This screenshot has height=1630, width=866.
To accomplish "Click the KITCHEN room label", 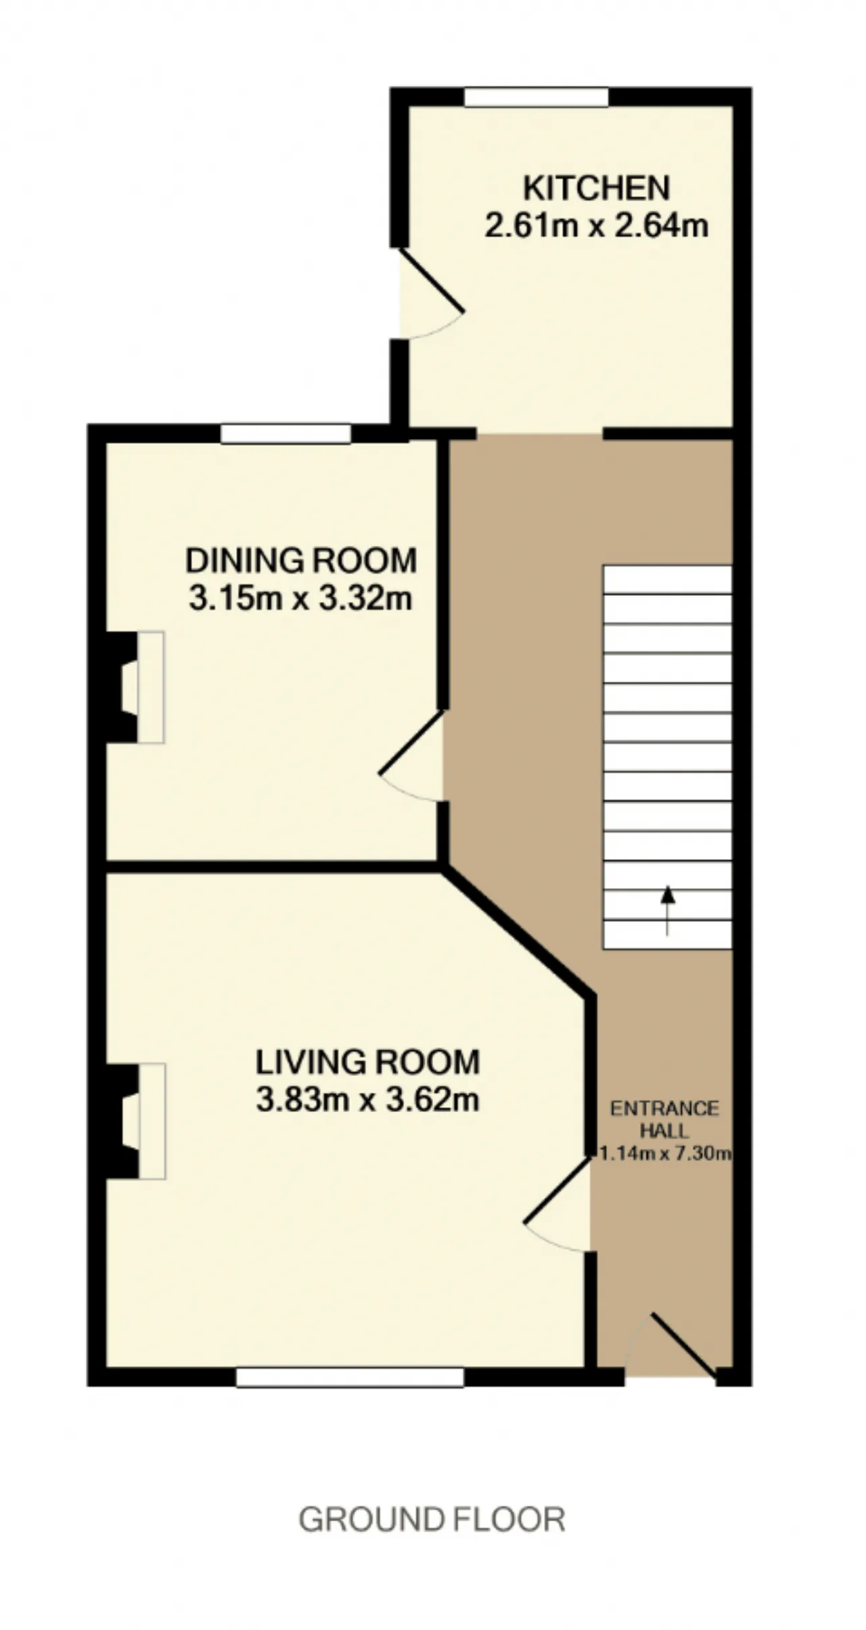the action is pyautogui.click(x=596, y=188).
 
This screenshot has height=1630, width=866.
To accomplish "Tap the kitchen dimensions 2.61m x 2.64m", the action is pyautogui.click(x=596, y=225).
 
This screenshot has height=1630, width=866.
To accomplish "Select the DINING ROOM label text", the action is pyautogui.click(x=301, y=561).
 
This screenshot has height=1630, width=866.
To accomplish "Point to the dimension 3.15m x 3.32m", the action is pyautogui.click(x=300, y=599).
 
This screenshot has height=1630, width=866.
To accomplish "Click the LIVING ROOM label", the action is pyautogui.click(x=367, y=1063).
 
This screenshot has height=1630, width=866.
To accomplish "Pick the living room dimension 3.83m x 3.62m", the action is pyautogui.click(x=367, y=1100).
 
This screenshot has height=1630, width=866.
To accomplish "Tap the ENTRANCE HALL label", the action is pyautogui.click(x=664, y=1119).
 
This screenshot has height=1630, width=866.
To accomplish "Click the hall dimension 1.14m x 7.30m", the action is pyautogui.click(x=665, y=1153).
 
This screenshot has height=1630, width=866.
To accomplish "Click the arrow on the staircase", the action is pyautogui.click(x=668, y=910).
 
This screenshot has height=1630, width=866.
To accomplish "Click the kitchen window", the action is pyautogui.click(x=537, y=97).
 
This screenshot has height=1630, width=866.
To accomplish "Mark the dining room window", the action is pyautogui.click(x=286, y=434).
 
